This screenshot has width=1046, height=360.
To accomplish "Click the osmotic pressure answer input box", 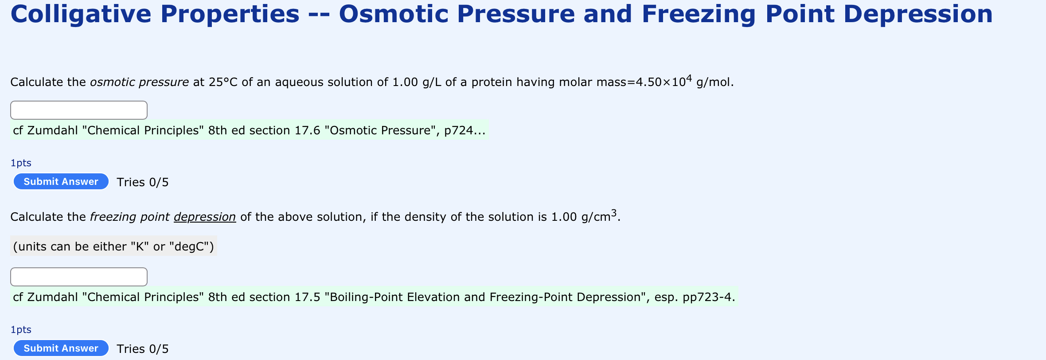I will click(79, 110).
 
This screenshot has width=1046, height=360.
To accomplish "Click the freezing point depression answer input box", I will click(79, 277).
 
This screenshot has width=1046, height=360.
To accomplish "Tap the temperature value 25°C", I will click(223, 82).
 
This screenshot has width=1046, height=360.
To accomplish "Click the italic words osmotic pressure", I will click(139, 82).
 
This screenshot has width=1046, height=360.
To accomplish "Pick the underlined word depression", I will click(204, 217).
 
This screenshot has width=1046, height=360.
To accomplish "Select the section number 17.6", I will click(307, 130).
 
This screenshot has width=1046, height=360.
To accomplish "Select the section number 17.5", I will click(307, 297).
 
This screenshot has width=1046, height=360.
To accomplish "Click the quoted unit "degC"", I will click(191, 247).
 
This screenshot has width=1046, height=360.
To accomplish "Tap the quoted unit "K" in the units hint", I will click(140, 247).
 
